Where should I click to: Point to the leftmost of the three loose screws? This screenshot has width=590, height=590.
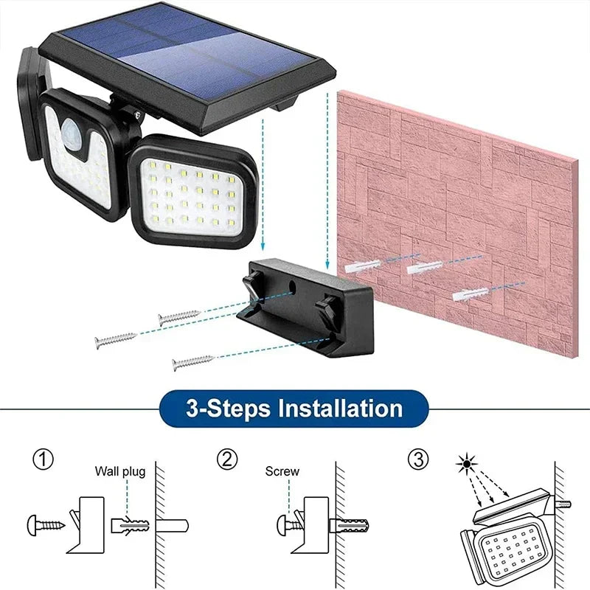(x=116, y=340)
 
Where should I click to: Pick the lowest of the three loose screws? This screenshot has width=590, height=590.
(x=192, y=362)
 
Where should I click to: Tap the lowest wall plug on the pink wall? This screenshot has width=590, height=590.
(x=470, y=294)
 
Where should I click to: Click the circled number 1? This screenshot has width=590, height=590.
(x=44, y=460)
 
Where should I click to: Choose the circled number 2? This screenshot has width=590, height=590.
(x=227, y=460)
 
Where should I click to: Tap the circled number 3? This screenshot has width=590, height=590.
(x=418, y=460)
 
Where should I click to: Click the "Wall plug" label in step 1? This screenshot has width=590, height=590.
(x=119, y=471)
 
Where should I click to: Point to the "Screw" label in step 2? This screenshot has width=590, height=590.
(x=282, y=471)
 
